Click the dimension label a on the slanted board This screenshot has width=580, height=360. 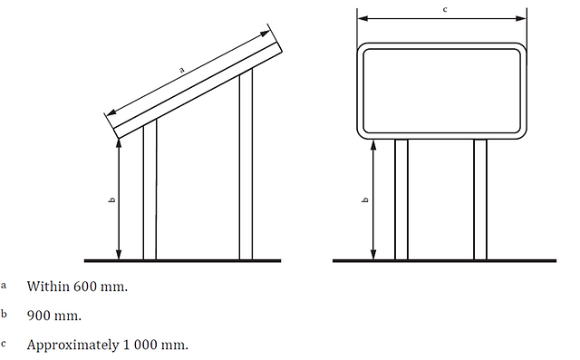181,70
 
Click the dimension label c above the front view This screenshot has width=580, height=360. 445,9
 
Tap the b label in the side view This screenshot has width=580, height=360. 112,200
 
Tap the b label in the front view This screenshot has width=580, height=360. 365,200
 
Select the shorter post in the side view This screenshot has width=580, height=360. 150,190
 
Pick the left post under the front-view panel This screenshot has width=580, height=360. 401,199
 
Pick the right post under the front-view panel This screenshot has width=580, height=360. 480,199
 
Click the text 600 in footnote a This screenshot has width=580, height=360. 85,287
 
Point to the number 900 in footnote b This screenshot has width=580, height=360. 39,316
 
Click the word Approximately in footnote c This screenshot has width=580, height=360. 72,345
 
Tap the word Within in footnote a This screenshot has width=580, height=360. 48,287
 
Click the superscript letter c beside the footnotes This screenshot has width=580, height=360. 4,344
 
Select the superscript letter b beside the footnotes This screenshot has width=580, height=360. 4,314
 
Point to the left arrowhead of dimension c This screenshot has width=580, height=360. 362,18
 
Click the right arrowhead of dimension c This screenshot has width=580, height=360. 521,18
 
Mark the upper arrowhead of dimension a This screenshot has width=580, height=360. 266,34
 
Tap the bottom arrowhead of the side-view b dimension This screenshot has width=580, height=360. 119,255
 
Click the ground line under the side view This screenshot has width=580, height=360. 183,261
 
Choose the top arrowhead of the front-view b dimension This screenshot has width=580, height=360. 373,145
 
